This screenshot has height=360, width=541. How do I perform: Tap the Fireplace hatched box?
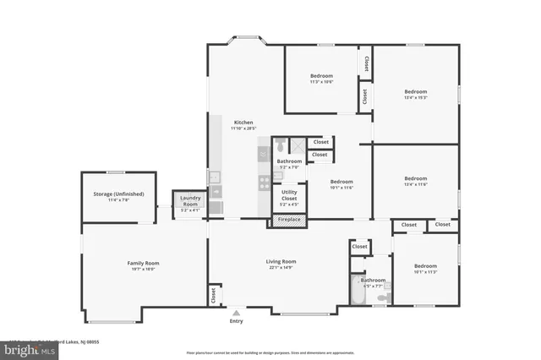(288, 220)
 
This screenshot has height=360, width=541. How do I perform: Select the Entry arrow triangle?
(236, 313)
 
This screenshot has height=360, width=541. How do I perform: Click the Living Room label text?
(281, 262)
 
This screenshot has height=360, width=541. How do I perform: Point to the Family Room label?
(143, 263)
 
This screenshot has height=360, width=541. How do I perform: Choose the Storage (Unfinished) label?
(118, 194)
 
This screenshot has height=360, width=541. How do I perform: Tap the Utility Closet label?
(289, 194)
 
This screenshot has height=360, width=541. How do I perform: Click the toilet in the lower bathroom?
(382, 297)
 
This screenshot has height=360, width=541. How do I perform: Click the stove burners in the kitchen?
(264, 180)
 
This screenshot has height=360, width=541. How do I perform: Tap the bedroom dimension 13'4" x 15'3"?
(415, 98)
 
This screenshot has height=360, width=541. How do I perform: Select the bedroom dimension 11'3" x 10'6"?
(321, 82)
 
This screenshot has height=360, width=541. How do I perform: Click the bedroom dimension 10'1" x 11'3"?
(425, 272)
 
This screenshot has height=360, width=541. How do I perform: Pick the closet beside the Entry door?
(212, 294)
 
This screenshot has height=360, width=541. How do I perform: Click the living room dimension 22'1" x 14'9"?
(281, 268)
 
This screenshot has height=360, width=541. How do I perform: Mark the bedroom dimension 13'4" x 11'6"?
(415, 184)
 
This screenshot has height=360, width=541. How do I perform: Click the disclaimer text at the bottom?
(270, 352)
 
